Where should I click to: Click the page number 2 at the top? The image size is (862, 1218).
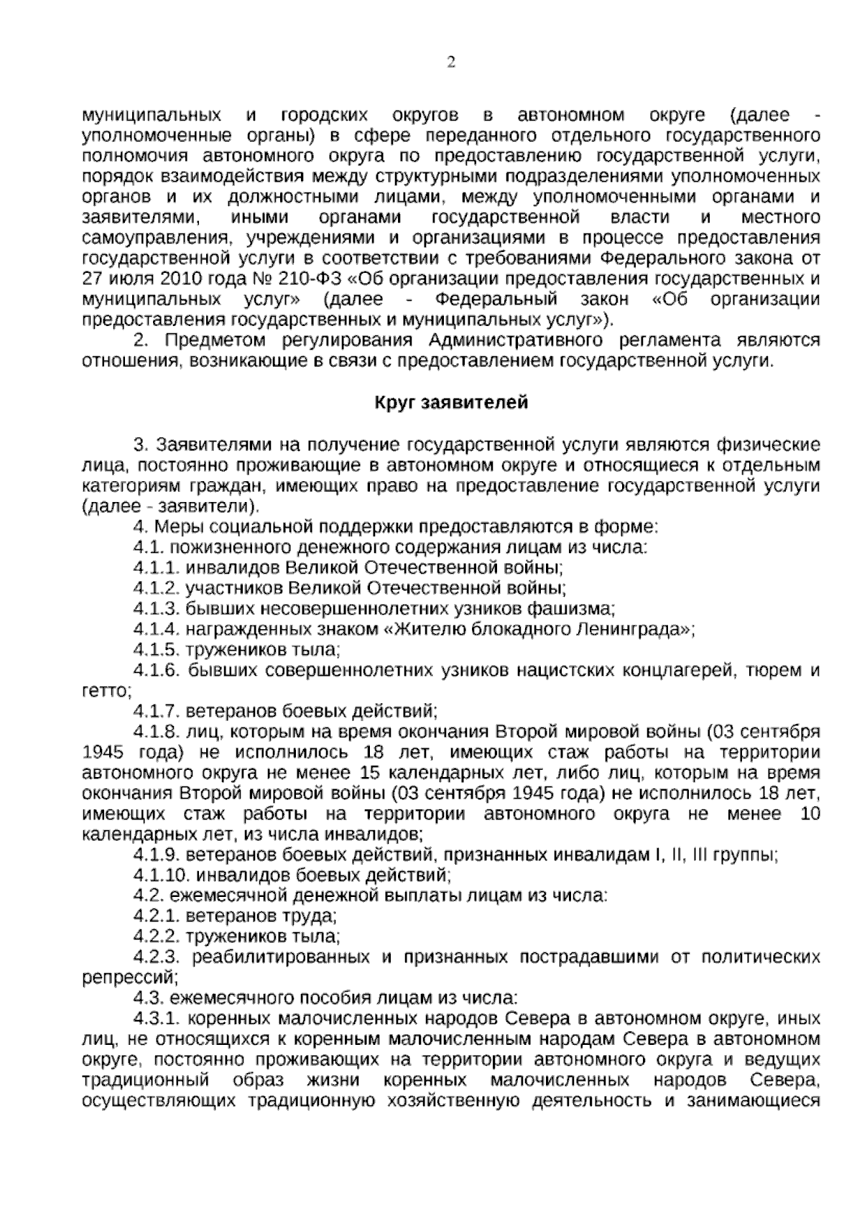pos(451,62)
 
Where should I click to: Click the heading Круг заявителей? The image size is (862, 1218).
pos(451,403)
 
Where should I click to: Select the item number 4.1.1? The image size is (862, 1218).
pos(157,568)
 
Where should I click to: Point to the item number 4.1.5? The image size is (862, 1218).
pos(157,651)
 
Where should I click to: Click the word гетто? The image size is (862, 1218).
pos(106,692)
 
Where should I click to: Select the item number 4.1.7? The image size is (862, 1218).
pos(157,712)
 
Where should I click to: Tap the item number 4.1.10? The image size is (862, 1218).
pos(161,876)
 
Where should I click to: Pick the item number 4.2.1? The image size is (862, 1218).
pos(157,917)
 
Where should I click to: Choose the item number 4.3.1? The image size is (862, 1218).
pos(157,1019)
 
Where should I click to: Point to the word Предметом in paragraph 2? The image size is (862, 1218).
pos(210,340)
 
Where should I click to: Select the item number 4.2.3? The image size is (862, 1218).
pos(157,958)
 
